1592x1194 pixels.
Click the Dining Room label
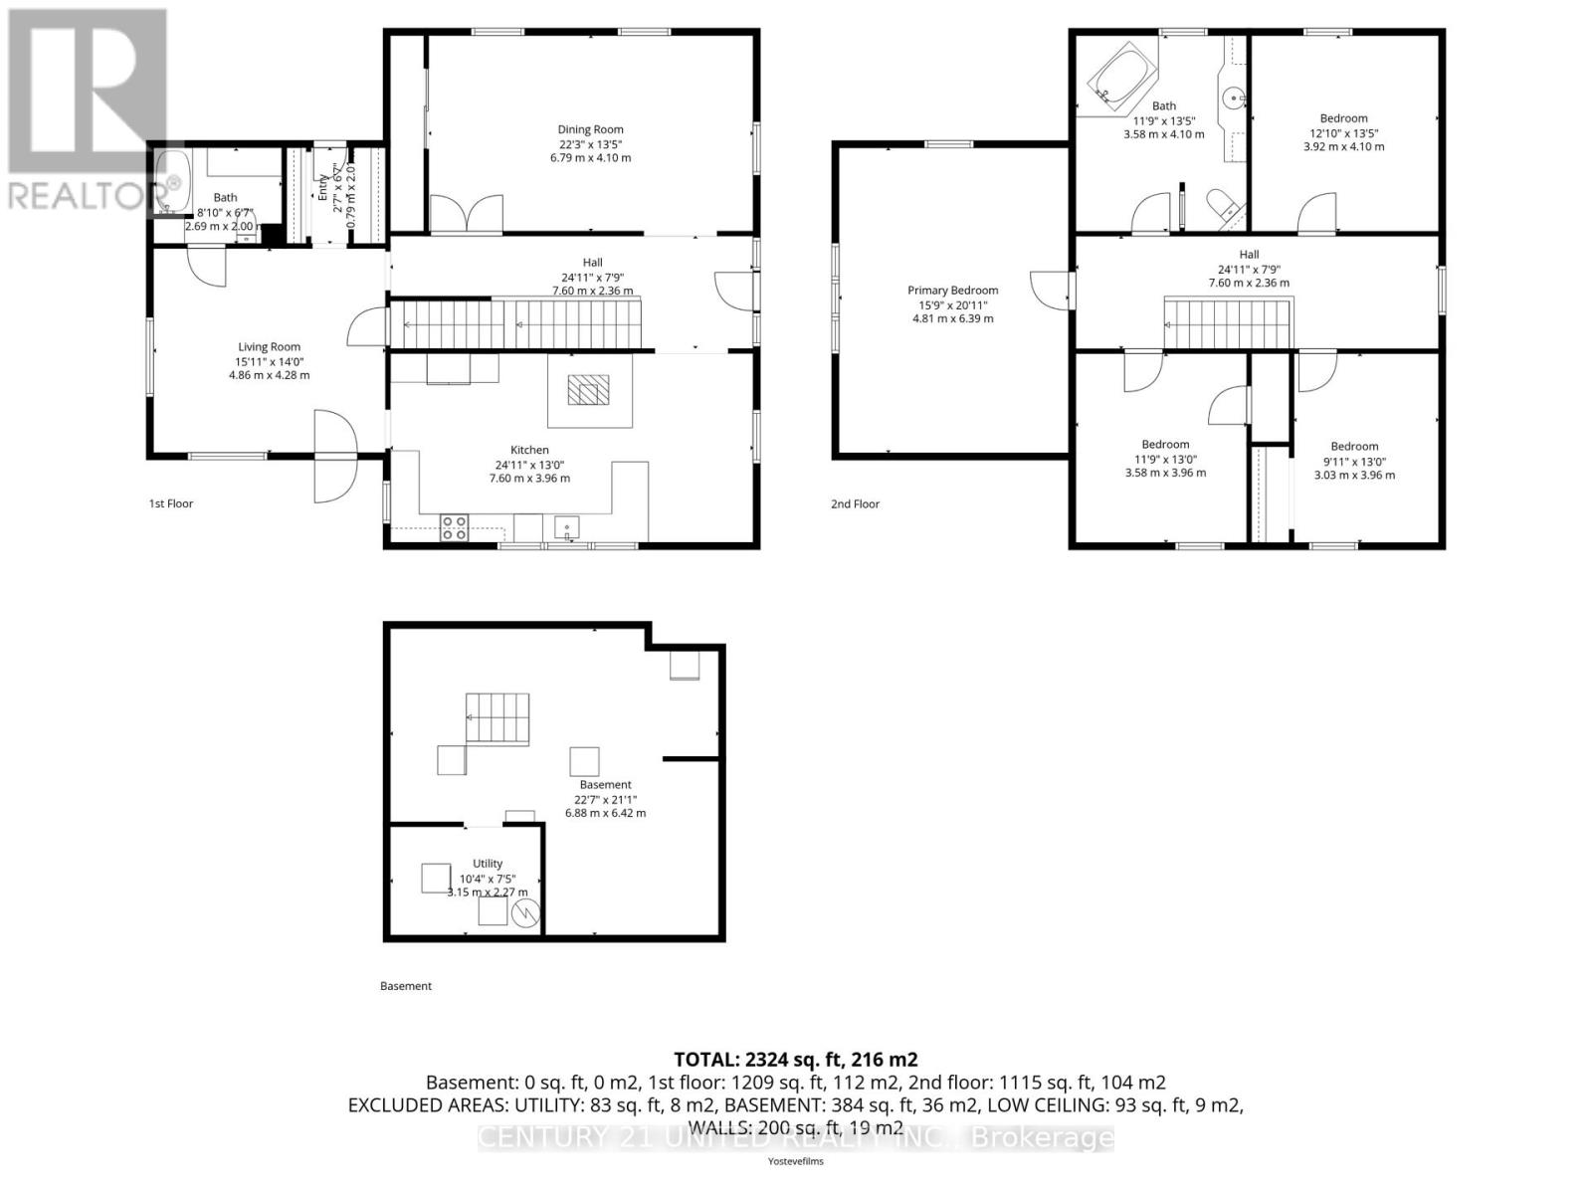coord(590,129)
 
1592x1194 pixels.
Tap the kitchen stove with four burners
coord(455,527)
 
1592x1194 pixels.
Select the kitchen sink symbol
coord(568,527)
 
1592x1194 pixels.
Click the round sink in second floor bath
coord(1233,98)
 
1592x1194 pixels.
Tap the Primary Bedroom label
coord(952,291)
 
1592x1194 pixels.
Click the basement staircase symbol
coord(497,719)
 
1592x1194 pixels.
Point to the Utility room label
coord(488,864)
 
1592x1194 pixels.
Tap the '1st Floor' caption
coord(171,503)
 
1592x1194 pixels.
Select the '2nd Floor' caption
coord(856,504)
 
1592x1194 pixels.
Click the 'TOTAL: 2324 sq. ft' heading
coord(795,1060)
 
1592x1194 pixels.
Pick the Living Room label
coord(269,347)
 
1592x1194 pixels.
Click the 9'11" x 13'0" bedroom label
coord(1354,461)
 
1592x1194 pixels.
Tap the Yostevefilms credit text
coord(795,1161)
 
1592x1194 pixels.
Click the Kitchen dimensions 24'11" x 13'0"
coord(529,464)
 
